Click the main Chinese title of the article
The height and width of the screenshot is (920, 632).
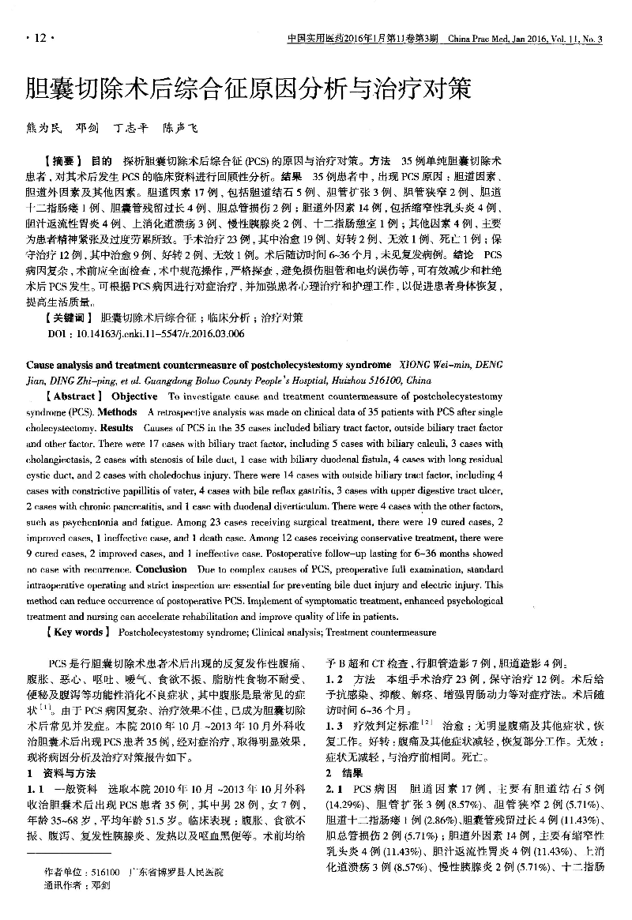(248, 87)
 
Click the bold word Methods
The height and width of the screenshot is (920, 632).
(119, 412)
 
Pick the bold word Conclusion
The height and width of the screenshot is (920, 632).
(160, 569)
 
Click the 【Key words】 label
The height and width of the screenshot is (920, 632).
(76, 632)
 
